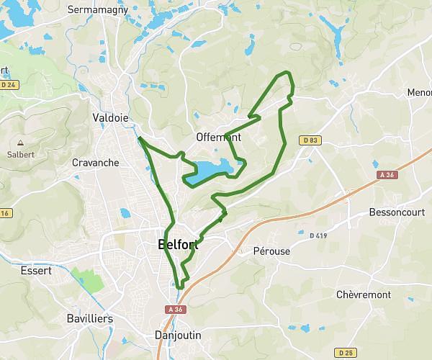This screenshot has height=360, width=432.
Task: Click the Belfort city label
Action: point(178,245)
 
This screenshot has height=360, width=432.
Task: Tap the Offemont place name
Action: point(217,137)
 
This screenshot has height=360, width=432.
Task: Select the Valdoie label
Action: point(110,118)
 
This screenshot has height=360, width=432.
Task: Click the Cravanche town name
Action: point(96,163)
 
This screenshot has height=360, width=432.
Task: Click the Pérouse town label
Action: point(271,252)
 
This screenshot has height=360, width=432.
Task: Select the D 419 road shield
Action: point(318,235)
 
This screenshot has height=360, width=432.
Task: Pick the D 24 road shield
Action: point(9,84)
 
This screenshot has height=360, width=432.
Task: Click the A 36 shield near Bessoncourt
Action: point(386,174)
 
